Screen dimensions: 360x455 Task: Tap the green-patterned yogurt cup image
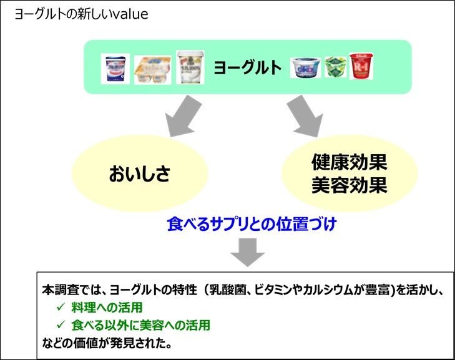(x=335, y=66)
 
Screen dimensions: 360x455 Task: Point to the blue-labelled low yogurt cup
(x=306, y=66)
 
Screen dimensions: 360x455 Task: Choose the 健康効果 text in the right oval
(x=349, y=163)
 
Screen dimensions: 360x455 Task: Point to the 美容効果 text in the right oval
(x=349, y=185)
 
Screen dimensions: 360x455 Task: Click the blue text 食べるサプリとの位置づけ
(x=252, y=225)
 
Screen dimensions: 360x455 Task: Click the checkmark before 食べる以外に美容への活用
(x=61, y=325)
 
